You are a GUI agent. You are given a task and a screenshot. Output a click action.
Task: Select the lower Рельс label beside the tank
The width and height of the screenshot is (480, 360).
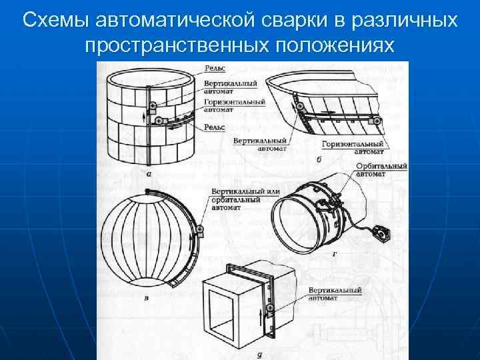click(x=215, y=127)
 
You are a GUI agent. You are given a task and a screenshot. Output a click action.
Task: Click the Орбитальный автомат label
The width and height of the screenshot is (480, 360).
click(x=381, y=169)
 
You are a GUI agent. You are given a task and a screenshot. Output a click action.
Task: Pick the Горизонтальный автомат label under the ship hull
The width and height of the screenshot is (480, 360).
click(x=352, y=147)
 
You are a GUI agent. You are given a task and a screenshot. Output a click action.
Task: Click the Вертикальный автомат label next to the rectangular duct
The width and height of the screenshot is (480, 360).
click(x=335, y=294)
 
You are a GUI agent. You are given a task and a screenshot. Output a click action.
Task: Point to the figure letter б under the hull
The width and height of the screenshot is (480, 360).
click(x=319, y=161)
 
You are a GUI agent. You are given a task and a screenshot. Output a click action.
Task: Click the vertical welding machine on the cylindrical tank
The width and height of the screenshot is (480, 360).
click(x=153, y=106)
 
